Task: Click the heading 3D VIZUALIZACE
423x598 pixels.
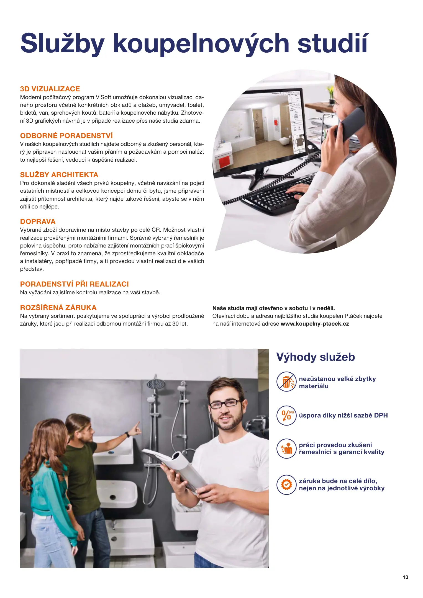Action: [x=50, y=89]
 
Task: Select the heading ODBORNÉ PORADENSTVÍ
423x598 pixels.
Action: [x=66, y=136]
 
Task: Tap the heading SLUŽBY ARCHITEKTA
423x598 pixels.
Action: [x=59, y=175]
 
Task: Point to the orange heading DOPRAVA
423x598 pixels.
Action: [x=38, y=221]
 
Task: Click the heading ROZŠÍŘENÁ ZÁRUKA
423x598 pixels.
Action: [x=58, y=308]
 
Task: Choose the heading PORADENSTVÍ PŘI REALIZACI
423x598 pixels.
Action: [x=74, y=284]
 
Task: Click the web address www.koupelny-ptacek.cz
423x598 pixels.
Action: [x=315, y=324]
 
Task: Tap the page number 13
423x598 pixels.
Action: [x=405, y=577]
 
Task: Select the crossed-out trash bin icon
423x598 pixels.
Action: [x=286, y=382]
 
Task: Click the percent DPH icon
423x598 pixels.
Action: [x=286, y=415]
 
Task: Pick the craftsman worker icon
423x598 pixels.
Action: [x=286, y=448]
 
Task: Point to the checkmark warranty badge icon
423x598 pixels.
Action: [x=286, y=484]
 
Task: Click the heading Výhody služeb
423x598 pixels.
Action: [x=316, y=357]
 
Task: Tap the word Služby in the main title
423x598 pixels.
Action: [x=62, y=43]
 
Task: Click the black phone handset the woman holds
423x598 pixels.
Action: [x=350, y=125]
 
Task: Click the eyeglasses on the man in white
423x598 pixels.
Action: [x=225, y=404]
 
